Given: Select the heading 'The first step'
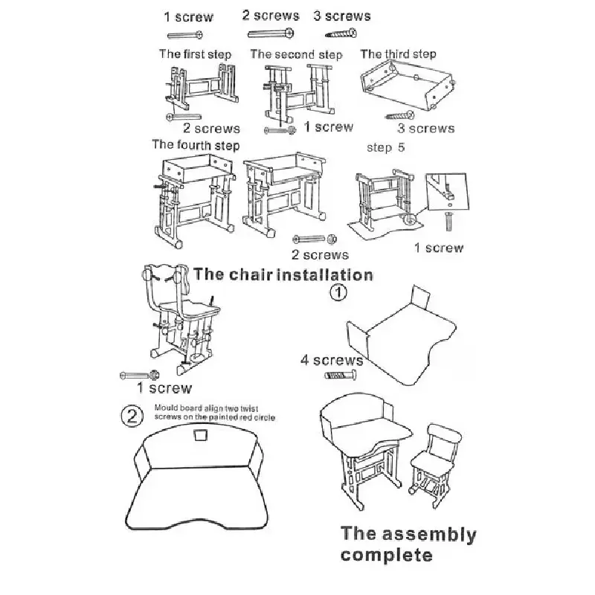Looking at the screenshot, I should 195,54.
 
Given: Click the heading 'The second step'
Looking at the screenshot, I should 296,54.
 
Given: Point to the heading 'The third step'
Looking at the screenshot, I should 398,54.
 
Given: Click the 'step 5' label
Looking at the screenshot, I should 386,147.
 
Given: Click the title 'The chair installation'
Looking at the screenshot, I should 283,274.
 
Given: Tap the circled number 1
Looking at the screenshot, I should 338,292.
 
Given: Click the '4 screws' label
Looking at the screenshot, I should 331,361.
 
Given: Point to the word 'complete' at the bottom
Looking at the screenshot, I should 387,555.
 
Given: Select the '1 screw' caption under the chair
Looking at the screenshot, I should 164,387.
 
